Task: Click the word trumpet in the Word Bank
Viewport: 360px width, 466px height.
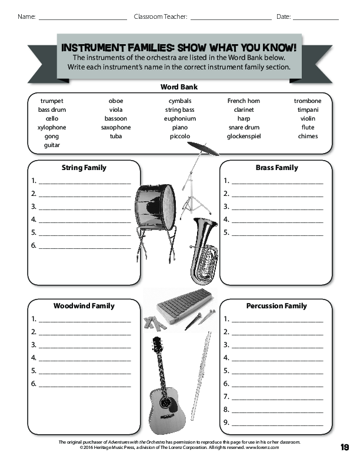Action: click(52, 101)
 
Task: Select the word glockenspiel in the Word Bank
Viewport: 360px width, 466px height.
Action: click(244, 137)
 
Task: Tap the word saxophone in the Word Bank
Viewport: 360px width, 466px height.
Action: click(116, 128)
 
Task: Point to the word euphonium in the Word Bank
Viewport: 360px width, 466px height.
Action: click(180, 119)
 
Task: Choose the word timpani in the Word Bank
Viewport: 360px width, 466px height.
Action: click(308, 110)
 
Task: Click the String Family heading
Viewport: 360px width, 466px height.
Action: click(84, 168)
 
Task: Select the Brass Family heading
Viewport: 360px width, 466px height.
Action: click(276, 168)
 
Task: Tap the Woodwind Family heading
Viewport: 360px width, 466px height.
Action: click(84, 306)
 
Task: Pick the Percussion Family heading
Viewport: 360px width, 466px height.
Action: click(276, 306)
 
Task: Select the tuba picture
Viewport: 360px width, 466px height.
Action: click(204, 250)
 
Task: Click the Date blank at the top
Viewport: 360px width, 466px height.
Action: click(315, 18)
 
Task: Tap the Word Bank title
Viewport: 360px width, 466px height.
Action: click(179, 87)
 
